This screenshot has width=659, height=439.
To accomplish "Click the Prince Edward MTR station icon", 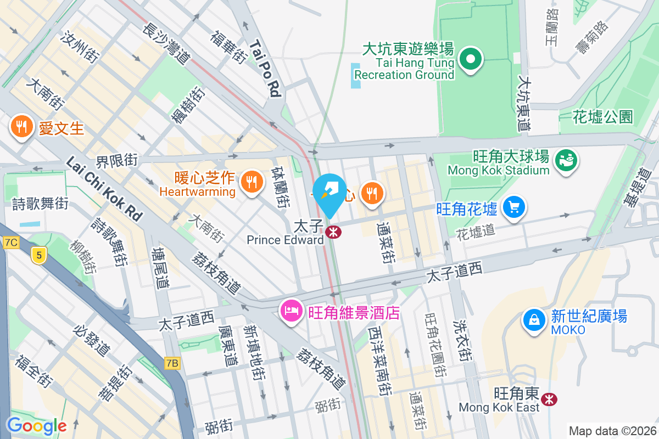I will (332, 232).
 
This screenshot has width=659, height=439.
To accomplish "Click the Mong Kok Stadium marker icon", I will (565, 160).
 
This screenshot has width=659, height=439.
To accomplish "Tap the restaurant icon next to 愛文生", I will (21, 127).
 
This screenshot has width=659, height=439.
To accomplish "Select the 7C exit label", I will (10, 242).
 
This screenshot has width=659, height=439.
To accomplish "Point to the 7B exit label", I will (172, 363).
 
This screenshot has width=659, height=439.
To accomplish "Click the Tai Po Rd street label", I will (266, 68).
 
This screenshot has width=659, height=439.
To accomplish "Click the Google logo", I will (37, 426).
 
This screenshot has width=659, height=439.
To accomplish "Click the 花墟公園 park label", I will (602, 116).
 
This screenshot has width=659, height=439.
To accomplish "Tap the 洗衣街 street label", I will (462, 340).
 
